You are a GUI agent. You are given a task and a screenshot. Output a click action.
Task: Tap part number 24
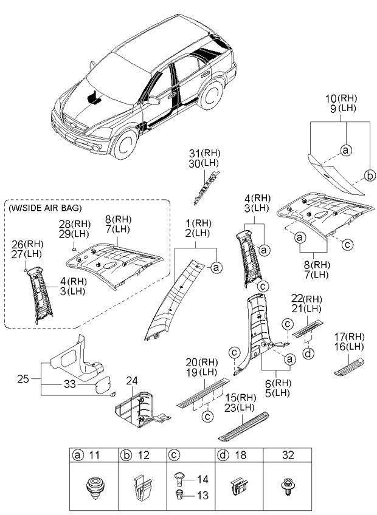133,381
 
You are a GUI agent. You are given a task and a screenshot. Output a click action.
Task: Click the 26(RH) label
28,245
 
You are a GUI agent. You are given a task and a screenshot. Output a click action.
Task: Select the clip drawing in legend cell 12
141,487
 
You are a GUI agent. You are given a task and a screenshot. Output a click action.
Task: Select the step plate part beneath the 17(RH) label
349,366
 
